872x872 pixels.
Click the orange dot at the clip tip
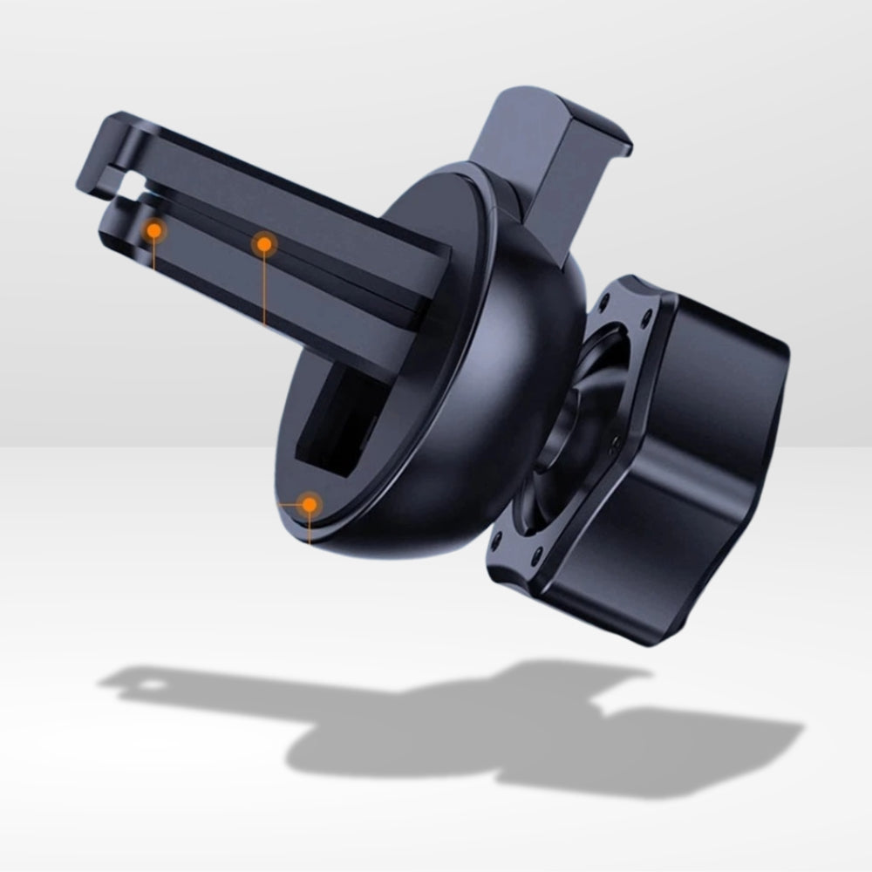154,230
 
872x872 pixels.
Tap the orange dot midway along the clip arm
263,245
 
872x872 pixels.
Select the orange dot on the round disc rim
309,504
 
